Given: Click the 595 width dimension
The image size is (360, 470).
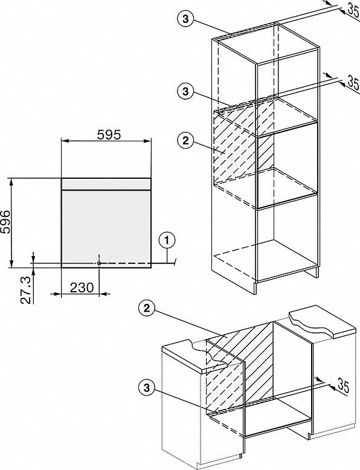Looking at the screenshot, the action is coord(109,135).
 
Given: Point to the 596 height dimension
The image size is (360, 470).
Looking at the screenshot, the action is coord(5,222).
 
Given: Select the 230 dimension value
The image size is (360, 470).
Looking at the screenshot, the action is coord(82,288).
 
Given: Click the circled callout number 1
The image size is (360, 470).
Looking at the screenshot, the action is coord(167,240).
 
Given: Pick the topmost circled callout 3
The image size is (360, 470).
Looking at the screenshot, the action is coord(185,19).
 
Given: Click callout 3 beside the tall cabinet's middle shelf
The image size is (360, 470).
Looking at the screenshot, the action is coord(185,91).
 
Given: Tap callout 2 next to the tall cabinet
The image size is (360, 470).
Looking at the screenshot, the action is coord(185,140).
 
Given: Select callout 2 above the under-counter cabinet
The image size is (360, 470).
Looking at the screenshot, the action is coord(146,309).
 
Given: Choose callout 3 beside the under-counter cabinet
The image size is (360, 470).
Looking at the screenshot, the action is coord(146,388).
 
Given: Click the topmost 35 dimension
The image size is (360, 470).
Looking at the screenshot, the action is coord(353,9).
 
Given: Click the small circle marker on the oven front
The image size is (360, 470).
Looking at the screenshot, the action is coord(99,263).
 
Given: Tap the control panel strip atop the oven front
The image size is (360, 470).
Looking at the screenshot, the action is coord(106,184).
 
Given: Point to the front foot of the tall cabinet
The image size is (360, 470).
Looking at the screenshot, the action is coord(256,288).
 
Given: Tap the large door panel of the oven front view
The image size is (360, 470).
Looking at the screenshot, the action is coord(106,228).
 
